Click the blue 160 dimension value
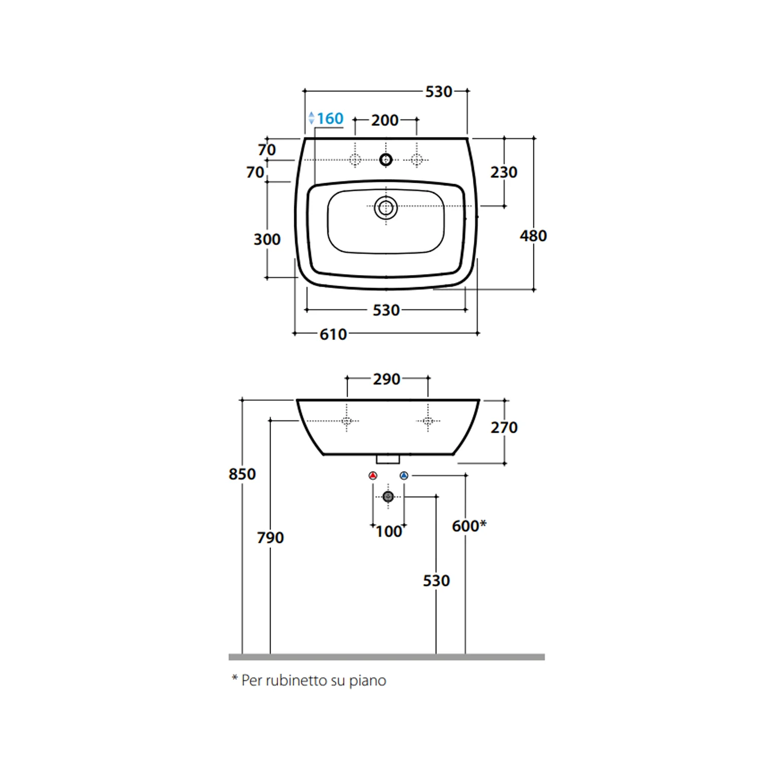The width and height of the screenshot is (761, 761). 330,119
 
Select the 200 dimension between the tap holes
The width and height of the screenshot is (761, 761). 385,121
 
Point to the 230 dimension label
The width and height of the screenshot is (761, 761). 504,172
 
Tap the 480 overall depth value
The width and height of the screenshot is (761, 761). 533,236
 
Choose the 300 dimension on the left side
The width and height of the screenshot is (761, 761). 267,239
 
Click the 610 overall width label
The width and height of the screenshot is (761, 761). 333,335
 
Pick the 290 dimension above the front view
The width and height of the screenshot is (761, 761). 387,379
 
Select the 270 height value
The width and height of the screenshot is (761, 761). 504,428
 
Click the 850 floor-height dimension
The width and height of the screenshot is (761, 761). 243,474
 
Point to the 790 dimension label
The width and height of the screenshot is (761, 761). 270,538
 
